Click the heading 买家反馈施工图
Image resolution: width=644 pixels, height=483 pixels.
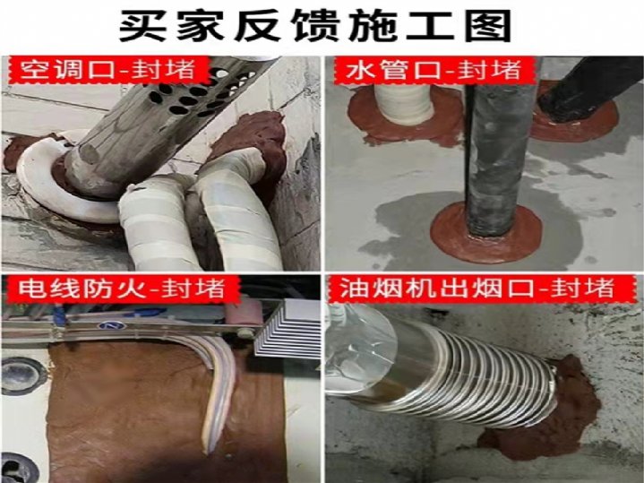[315, 25]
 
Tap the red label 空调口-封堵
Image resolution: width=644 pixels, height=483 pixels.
[108, 70]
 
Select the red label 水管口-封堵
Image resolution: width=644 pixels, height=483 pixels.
[434, 70]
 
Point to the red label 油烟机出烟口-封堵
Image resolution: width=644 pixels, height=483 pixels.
[477, 289]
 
